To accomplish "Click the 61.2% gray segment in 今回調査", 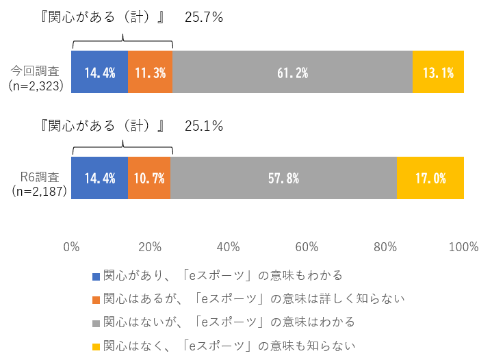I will [x=292, y=72].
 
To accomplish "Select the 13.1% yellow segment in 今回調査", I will [x=438, y=72].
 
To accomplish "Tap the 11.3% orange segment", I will [x=150, y=72].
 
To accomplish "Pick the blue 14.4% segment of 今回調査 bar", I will [x=99, y=72].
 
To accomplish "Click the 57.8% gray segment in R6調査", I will [x=283, y=178].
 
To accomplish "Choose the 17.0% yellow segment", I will [x=430, y=178].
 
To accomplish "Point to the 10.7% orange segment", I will [x=149, y=178].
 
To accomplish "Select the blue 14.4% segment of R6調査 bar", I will [x=99, y=178].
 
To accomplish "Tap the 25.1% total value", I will [x=204, y=126].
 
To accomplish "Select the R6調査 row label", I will [x=38, y=176].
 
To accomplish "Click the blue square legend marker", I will [x=96, y=276].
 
